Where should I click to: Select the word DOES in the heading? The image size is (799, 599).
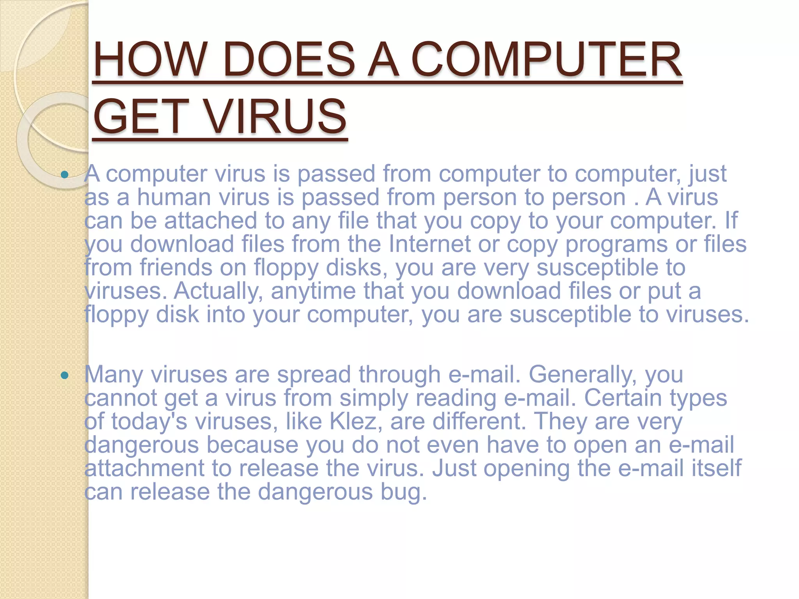pyautogui.click(x=289, y=60)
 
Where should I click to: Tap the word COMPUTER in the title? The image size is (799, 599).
pyautogui.click(x=546, y=60)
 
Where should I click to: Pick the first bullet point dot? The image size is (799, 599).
pyautogui.click(x=65, y=174)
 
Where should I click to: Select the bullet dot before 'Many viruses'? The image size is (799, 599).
pyautogui.click(x=65, y=376)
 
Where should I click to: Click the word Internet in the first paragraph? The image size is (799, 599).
pyautogui.click(x=430, y=244)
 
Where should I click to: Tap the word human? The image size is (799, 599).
pyautogui.click(x=174, y=197)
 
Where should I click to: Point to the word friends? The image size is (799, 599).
pyautogui.click(x=193, y=268)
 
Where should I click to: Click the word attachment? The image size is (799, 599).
pyautogui.click(x=144, y=468)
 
